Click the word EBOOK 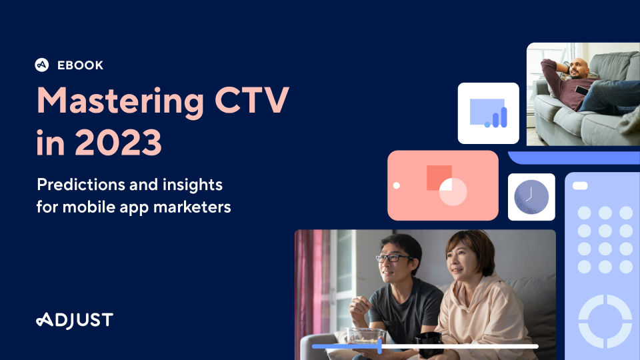click(x=81, y=65)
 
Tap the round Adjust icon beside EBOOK click(x=41, y=65)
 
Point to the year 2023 click(x=119, y=143)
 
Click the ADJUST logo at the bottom click(x=75, y=321)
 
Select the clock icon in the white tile click(x=531, y=197)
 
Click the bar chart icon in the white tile click(x=489, y=113)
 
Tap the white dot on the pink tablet click(x=396, y=186)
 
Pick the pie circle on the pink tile click(x=453, y=192)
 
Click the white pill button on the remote click(x=580, y=186)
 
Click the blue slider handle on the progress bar click(x=379, y=346)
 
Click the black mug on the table click(x=429, y=344)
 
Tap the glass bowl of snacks click(x=366, y=336)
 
